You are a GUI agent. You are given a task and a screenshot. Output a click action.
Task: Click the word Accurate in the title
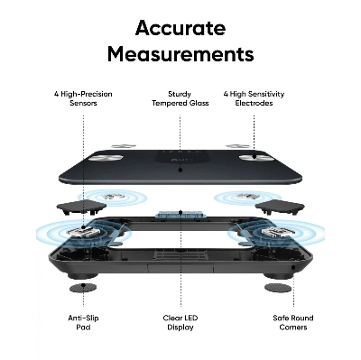pos(180,26)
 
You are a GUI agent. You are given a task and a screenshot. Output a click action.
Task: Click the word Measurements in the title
pos(180,54)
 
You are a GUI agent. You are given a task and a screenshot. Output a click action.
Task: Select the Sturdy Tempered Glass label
pos(180,98)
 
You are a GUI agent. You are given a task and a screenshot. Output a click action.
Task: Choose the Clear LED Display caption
pos(180,322)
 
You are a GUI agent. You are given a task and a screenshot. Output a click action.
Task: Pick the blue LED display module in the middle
pos(180,216)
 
